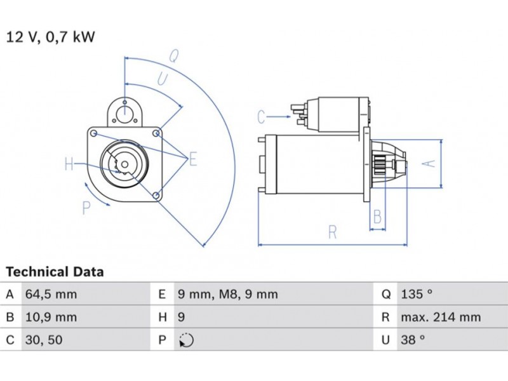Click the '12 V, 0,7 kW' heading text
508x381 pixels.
pos(50,37)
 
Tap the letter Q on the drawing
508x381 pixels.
pos(173,55)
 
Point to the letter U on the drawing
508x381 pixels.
pos(163,79)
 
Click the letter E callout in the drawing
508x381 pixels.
pos(192,159)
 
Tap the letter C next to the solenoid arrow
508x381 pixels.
pos(261,116)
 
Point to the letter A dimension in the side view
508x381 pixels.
pos(430,163)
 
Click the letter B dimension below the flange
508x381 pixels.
pos(377,217)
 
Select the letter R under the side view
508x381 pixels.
pos(332,232)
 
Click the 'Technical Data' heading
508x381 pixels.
pos(55,272)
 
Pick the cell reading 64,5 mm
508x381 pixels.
pos(51,295)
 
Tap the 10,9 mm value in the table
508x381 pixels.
pos(51,317)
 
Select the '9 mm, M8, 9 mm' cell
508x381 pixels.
pos(227,295)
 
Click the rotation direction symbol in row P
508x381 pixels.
pos(186,341)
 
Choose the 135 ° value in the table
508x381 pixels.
pos(417,295)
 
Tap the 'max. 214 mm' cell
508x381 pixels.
pos(441,317)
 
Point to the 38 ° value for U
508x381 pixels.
pos(413,340)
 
